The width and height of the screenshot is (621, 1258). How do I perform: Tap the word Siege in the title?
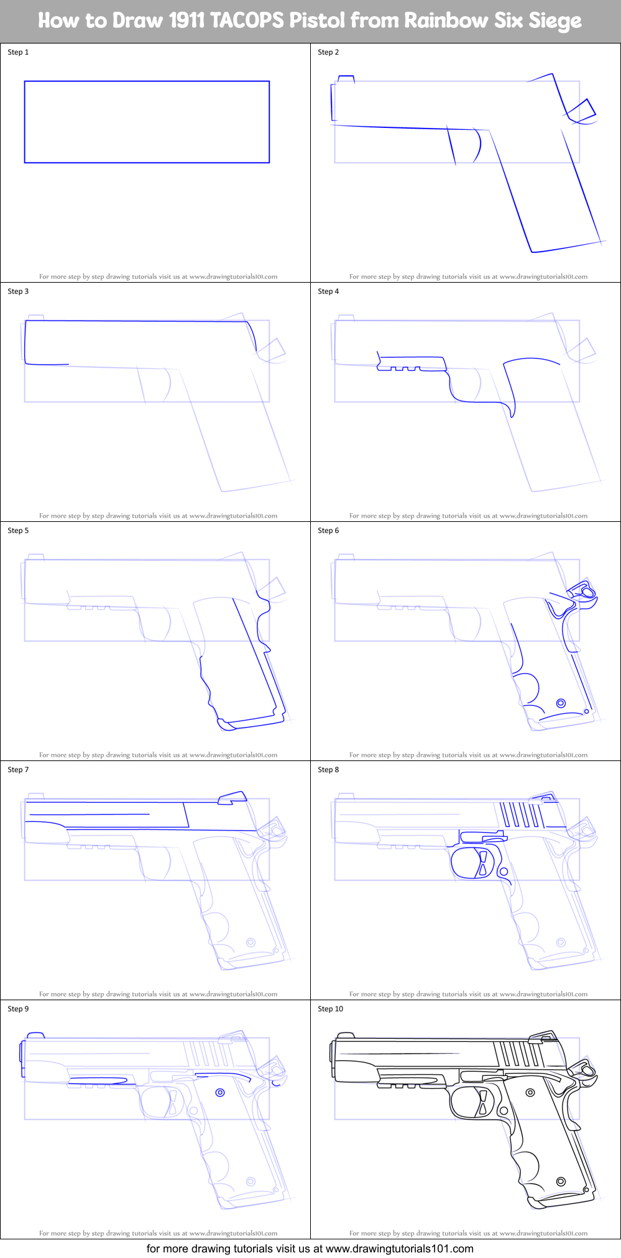coord(555,21)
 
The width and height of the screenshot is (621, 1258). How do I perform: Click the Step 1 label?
coord(18,52)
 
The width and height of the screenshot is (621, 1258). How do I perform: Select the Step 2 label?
coord(328,52)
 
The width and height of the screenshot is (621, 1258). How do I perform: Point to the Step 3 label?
coord(18,291)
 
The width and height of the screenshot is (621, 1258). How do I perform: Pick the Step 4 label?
coord(328,291)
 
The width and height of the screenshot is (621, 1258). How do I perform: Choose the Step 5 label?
coord(18,531)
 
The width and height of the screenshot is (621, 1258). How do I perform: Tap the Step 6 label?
coord(328,531)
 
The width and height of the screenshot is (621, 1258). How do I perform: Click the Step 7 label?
coord(18,770)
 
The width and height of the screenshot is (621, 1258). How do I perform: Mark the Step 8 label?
coord(328,770)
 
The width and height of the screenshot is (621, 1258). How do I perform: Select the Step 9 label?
coord(18,1009)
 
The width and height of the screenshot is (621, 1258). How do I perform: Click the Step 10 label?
coord(330,1009)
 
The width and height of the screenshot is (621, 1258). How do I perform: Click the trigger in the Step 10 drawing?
coord(482,1101)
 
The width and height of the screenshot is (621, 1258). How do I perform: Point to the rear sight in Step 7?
coord(232,798)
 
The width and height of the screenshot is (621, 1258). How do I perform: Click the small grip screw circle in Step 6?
coord(561,703)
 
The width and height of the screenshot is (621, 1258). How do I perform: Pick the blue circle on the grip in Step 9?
coord(220,1093)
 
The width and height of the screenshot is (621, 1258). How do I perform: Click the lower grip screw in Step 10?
coord(561,1181)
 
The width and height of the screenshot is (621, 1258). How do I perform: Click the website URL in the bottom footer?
coord(399,1249)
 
